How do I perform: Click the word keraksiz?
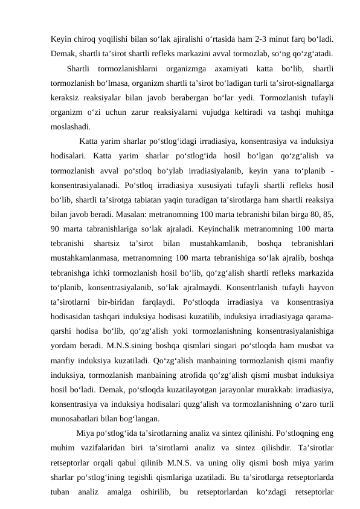tap(66, 97)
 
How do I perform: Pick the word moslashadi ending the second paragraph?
tap(71, 127)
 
